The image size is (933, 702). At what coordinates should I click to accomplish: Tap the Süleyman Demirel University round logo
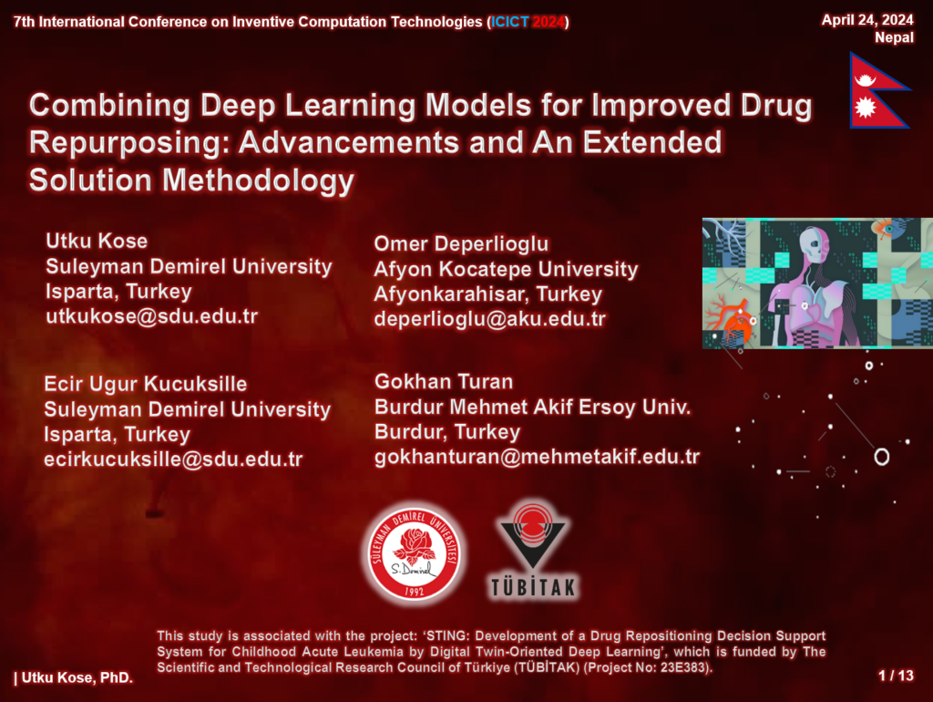point(415,553)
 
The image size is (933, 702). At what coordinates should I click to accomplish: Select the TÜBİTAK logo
point(533,551)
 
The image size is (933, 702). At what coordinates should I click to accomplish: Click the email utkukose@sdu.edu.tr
point(152,316)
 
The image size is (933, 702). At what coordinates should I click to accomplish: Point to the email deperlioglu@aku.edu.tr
point(489,319)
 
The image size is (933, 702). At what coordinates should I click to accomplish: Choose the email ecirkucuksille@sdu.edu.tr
point(173,459)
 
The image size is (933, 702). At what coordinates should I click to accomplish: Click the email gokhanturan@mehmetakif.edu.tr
point(537,457)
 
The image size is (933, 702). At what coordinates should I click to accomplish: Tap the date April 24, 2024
point(867,20)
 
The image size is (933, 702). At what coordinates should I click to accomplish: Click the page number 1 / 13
point(896,676)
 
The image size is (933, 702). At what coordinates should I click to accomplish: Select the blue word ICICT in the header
point(509,22)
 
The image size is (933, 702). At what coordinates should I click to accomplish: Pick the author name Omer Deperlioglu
point(461,244)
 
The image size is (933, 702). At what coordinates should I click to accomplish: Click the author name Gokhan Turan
point(444,382)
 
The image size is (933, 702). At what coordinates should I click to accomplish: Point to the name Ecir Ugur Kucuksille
point(145,384)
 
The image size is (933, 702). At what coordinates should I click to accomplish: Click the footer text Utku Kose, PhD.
point(77,677)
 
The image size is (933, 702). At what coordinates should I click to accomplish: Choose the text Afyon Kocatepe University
point(506,269)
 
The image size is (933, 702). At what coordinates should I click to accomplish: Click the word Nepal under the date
point(894,37)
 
